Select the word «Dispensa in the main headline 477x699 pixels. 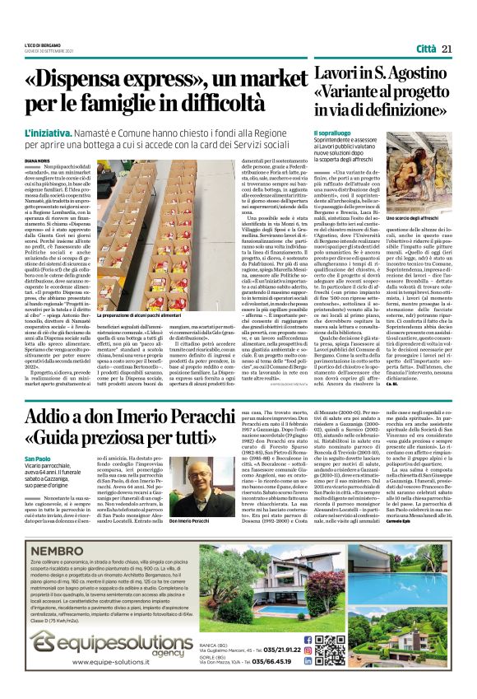[x=90, y=80]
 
